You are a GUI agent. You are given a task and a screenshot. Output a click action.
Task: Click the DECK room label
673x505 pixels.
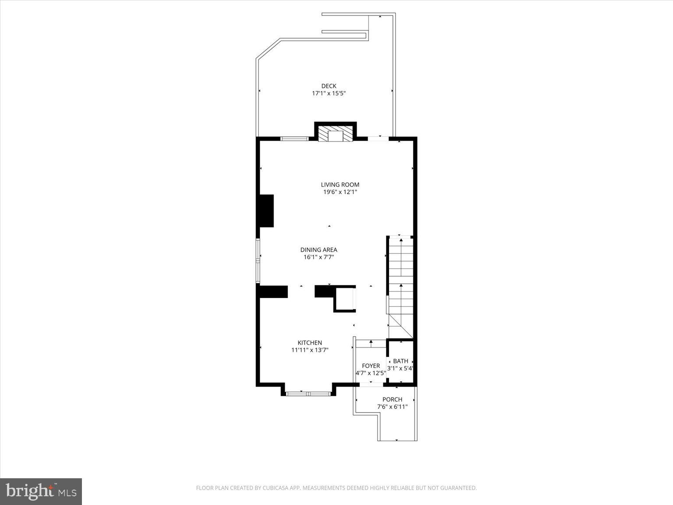(329, 86)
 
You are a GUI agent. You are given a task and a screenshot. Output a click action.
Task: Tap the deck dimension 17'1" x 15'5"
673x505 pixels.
(329, 93)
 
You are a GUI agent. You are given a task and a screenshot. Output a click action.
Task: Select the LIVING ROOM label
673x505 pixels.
(340, 185)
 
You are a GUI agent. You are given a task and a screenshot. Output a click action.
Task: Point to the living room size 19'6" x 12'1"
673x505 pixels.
(340, 192)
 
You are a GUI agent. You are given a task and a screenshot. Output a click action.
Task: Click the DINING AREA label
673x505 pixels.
(319, 250)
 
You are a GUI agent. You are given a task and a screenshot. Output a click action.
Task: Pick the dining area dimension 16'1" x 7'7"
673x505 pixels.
(319, 257)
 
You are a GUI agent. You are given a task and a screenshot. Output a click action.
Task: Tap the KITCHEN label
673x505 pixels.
(310, 343)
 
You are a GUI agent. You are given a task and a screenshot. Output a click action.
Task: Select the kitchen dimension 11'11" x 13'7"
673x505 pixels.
(310, 350)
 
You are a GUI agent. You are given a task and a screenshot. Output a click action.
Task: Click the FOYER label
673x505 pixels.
(371, 366)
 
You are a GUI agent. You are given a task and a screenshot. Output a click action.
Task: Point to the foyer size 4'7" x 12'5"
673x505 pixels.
(371, 373)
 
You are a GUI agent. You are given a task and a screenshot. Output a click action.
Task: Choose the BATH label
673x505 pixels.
(400, 361)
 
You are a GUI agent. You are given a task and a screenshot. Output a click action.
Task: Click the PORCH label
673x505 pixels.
(392, 399)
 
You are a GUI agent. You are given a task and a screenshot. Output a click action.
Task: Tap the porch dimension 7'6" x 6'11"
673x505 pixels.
(392, 407)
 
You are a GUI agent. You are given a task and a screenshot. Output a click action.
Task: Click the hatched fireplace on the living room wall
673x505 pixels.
(335, 135)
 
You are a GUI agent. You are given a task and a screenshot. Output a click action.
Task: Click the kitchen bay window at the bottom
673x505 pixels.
(308, 394)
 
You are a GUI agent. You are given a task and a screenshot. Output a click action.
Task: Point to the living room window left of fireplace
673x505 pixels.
(294, 139)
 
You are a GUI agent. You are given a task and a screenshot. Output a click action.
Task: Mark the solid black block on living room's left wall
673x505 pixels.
(266, 211)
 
